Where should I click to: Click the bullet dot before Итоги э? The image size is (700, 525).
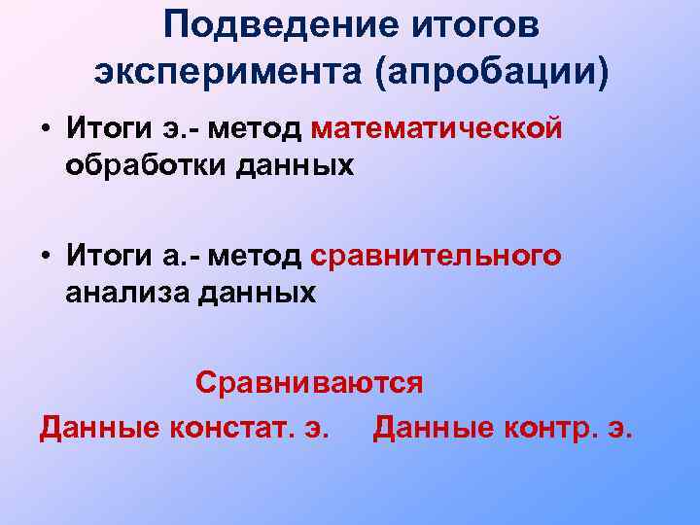(x=46, y=128)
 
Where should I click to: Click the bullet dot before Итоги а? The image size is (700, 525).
(x=46, y=257)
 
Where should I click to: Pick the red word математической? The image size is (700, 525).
(x=438, y=128)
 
